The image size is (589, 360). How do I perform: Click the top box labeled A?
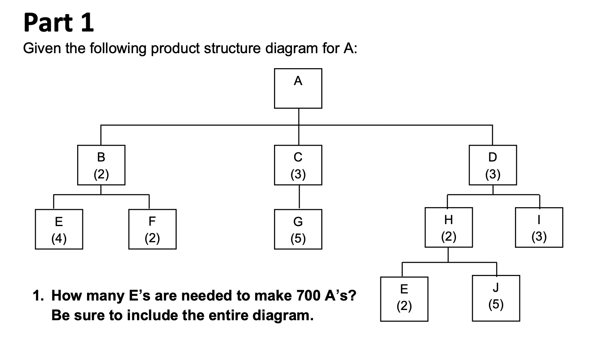pos(298,88)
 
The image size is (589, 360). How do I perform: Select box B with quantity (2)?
pos(101,165)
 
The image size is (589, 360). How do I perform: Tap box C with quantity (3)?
pos(298,165)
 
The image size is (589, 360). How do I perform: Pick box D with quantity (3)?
pos(493,165)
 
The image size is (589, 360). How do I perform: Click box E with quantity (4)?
pos(59,229)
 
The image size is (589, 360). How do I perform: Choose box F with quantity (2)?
pos(152,229)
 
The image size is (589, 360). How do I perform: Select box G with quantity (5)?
pos(298,229)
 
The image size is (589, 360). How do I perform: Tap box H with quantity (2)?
pos(448,227)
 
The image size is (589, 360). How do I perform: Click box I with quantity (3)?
pos(539,227)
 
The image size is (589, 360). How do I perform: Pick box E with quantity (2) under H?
pos(404,299)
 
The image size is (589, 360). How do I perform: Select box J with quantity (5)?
pos(496,298)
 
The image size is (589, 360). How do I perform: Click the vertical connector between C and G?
pos(299,197)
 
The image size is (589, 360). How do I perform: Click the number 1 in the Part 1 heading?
pos(87,23)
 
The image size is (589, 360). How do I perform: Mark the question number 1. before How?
pos(38,295)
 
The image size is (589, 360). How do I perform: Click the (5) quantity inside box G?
pos(298,238)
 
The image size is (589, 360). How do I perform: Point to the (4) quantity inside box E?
pos(59,238)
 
